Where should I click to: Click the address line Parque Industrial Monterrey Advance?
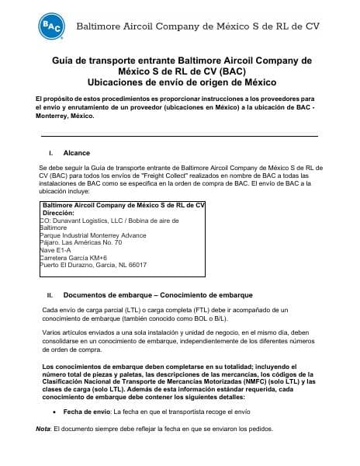tap(91, 235)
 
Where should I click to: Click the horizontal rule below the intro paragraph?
tap(180, 137)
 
